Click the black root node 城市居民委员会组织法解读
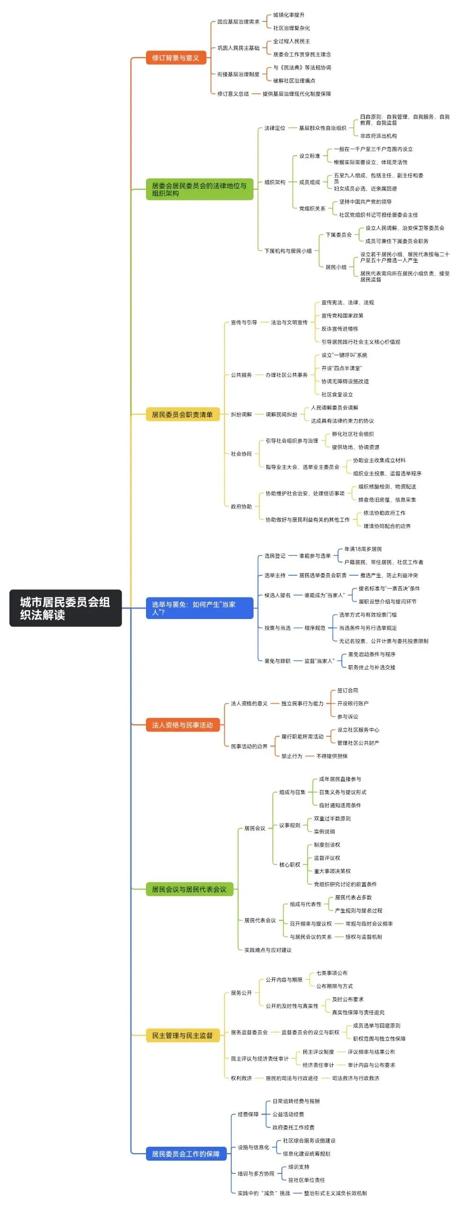[x=65, y=608]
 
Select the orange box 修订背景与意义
[x=175, y=58]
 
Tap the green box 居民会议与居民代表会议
[x=189, y=889]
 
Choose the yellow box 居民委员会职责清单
[x=182, y=415]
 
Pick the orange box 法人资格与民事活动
[x=182, y=725]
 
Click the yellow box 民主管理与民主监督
[x=182, y=1035]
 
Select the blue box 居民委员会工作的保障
[x=186, y=1154]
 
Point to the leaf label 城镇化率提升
[x=289, y=15]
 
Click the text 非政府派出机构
[x=378, y=136]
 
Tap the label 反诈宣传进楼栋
[x=340, y=329]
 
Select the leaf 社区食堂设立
[x=337, y=395]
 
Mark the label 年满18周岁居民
[x=363, y=549]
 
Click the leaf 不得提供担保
[x=332, y=756]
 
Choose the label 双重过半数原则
[x=332, y=818]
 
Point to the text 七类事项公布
[x=332, y=973]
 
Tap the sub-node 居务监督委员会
[x=249, y=1032]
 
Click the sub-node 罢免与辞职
[x=277, y=661]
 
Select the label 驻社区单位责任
[x=306, y=1180]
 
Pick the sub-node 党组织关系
[x=312, y=208]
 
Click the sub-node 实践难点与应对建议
[x=268, y=950]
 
